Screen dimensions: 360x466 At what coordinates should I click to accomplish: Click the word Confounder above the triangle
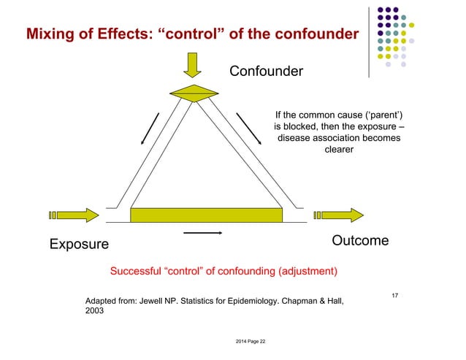click(x=266, y=72)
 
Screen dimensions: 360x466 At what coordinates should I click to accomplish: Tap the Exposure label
click(x=78, y=243)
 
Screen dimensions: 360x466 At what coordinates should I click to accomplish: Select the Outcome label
click(x=360, y=240)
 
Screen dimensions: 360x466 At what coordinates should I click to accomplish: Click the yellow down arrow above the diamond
click(x=192, y=64)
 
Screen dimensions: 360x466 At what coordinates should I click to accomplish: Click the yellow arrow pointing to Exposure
click(x=72, y=215)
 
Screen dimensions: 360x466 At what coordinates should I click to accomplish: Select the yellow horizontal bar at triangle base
click(x=206, y=215)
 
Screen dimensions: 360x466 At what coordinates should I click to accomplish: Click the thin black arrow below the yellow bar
click(x=202, y=233)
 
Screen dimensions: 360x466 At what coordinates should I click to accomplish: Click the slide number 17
click(x=394, y=295)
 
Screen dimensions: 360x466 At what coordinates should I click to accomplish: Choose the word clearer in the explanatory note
click(x=338, y=150)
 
